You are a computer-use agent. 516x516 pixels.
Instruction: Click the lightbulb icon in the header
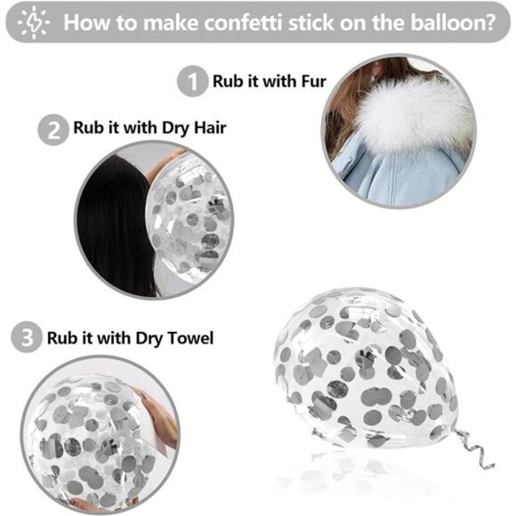tap(35, 21)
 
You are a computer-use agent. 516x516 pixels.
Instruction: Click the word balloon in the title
tap(441, 22)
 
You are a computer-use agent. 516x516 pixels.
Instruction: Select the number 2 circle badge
tap(52, 130)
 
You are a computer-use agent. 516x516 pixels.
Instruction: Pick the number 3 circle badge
tap(27, 339)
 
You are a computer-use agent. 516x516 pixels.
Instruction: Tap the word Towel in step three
tap(187, 338)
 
